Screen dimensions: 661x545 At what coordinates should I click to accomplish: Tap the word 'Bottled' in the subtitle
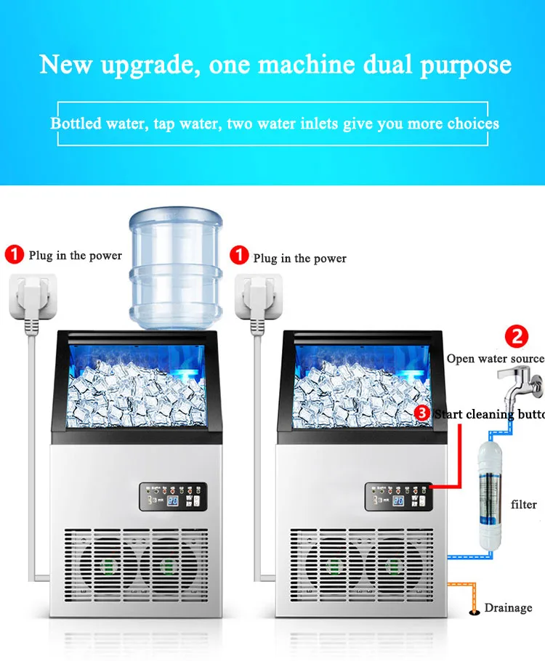[x=76, y=123]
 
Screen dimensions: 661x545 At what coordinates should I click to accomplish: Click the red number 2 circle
[x=517, y=337]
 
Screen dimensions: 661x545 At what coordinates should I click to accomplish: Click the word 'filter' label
[x=523, y=504]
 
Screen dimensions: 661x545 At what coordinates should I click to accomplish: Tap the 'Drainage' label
[x=509, y=608]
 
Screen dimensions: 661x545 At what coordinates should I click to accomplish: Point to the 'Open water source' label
[x=496, y=359]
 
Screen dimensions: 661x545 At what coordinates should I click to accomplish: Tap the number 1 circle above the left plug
[x=15, y=255]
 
